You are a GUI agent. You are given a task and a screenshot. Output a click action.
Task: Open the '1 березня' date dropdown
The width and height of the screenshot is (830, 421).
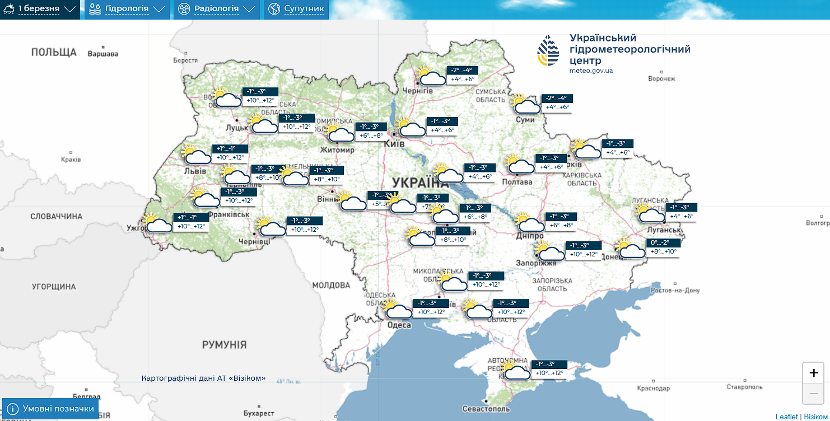[x=39, y=9]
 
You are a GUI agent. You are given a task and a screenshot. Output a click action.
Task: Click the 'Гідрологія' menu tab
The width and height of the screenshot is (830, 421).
[x=127, y=9]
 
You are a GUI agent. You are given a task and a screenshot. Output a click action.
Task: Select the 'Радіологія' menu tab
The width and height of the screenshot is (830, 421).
[x=216, y=9]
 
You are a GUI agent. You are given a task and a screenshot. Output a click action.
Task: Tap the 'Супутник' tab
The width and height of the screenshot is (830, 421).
[x=296, y=9]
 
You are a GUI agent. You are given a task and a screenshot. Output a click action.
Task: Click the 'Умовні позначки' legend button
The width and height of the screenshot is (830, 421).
[x=50, y=409]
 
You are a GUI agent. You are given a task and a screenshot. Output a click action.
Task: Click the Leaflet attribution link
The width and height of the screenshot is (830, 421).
[x=787, y=417]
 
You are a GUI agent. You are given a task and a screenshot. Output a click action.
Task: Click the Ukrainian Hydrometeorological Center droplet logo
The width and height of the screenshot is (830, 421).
[x=548, y=51]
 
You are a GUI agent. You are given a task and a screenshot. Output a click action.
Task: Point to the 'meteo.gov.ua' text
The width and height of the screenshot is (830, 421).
[x=591, y=71]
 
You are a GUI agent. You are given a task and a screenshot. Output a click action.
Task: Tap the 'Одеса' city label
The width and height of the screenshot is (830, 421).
[x=399, y=325]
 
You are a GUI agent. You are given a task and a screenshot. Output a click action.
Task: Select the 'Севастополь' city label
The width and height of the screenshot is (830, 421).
[x=485, y=409]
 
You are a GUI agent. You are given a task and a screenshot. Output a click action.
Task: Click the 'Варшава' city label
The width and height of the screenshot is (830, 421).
[x=103, y=54]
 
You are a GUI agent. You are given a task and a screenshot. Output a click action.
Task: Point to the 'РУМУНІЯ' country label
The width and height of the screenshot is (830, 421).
[x=224, y=344]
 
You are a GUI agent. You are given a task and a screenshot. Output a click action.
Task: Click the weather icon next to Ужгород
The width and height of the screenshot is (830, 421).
[x=156, y=224]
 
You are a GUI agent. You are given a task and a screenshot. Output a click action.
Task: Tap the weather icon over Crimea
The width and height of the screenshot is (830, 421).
[x=515, y=371]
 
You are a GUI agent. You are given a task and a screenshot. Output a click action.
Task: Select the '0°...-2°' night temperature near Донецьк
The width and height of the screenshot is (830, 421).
[x=664, y=243]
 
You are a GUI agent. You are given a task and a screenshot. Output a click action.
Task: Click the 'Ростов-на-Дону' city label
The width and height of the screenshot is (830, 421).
[x=675, y=291]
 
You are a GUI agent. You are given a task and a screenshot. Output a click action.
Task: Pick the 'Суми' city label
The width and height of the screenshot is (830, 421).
[x=525, y=120]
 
